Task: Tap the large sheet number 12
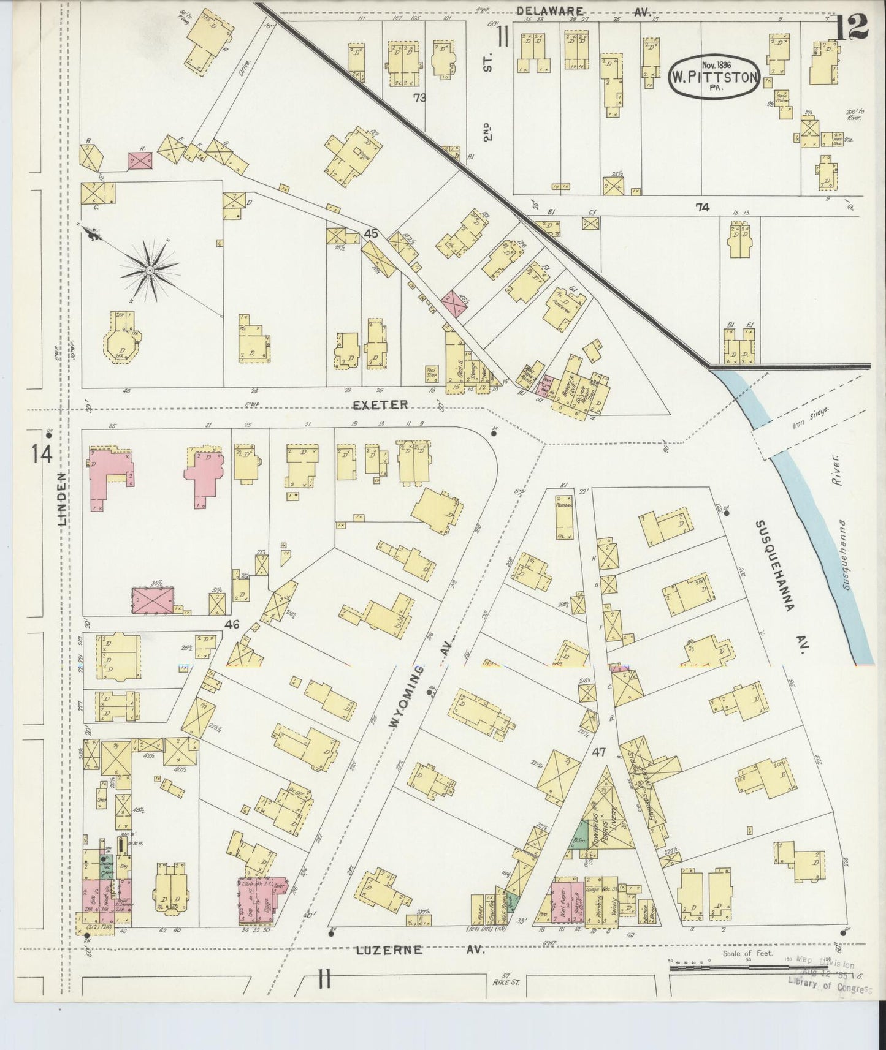tap(852, 26)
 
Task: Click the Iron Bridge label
tap(810, 418)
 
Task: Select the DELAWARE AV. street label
tap(583, 10)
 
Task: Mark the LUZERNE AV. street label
tap(421, 950)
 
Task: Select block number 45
tap(370, 233)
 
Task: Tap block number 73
tap(419, 97)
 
